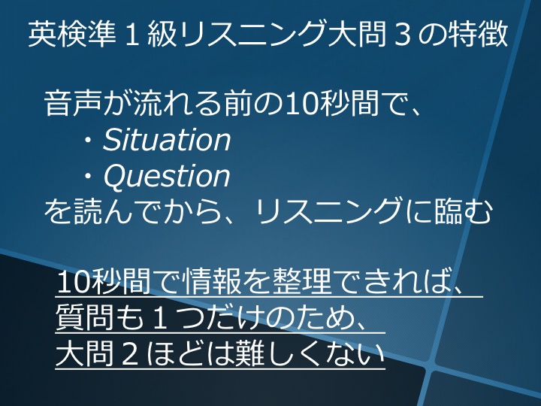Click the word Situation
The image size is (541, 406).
point(166,140)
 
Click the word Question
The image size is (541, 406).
point(166,177)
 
